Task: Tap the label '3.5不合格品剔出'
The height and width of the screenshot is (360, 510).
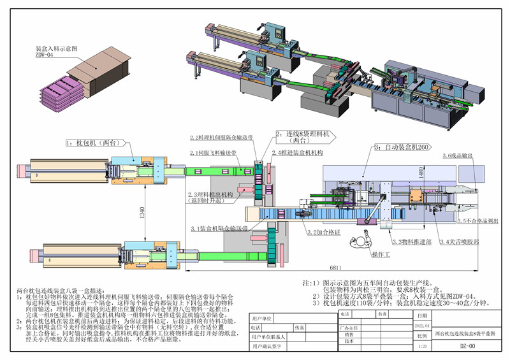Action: [x=477, y=220]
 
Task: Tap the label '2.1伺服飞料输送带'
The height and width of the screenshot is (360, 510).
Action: [x=214, y=154]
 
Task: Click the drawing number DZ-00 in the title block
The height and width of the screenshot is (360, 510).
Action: [x=467, y=347]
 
